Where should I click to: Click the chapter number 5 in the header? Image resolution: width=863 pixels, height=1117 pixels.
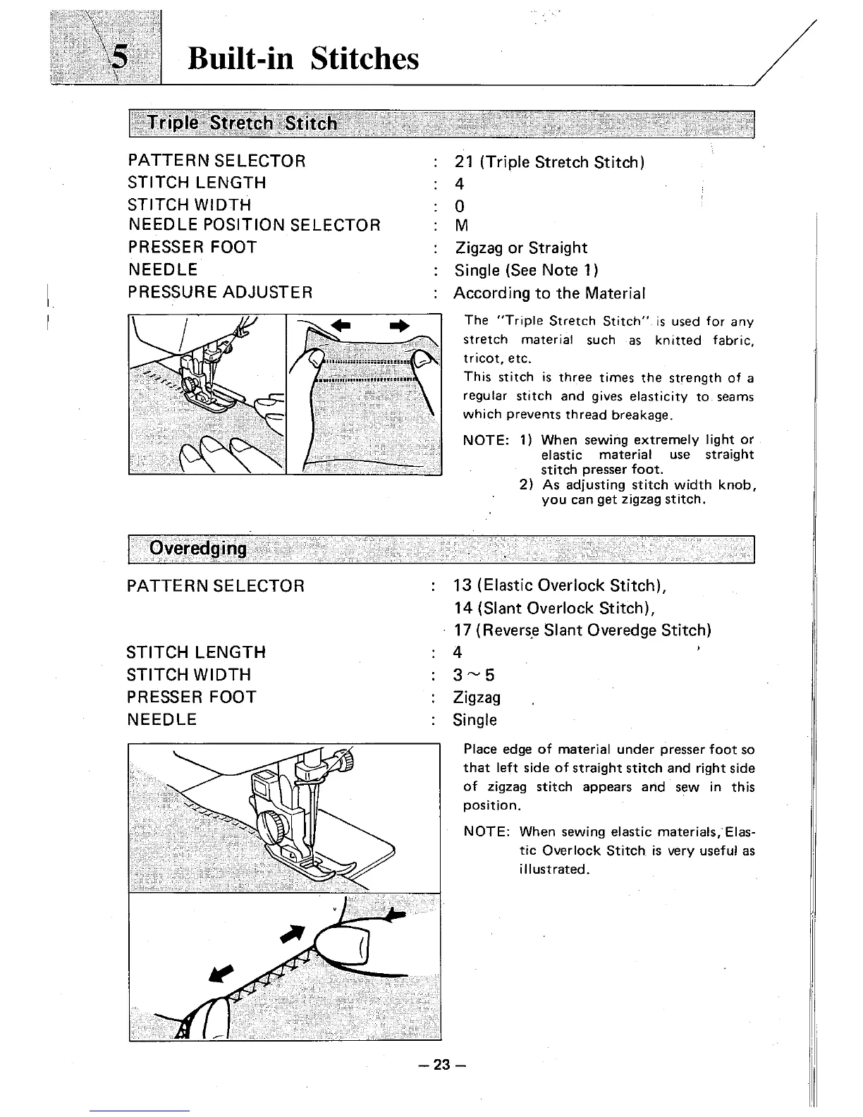coord(121,58)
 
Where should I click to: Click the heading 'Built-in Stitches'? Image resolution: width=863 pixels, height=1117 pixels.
coord(303,58)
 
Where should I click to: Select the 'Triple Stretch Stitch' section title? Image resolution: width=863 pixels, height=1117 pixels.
coord(243,123)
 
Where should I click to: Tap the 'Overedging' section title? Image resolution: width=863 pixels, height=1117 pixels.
coord(198,549)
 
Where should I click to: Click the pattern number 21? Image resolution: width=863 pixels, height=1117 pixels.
coord(463,162)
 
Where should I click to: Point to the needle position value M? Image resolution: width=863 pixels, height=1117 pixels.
coord(462,226)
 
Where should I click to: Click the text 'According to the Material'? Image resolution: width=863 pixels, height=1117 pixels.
coord(549,293)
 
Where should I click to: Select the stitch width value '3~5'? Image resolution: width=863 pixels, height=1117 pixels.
coord(474,675)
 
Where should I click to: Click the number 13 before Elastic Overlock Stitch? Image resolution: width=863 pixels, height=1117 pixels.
coord(463,585)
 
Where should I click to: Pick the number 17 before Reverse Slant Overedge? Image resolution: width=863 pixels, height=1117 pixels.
coord(463,630)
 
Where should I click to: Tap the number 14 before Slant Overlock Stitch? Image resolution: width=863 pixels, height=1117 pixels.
coord(463,608)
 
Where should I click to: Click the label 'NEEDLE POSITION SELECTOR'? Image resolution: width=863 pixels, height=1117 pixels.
coord(254,225)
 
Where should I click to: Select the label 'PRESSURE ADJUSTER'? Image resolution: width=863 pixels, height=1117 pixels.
coord(220,292)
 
